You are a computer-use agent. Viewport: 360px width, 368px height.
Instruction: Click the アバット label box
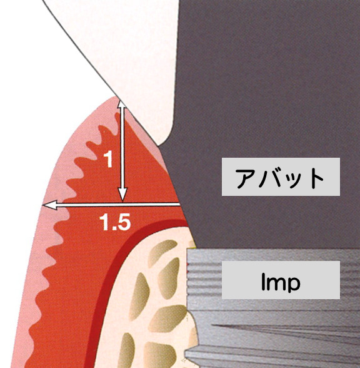click(281, 176)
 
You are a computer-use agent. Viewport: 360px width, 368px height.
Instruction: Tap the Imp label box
click(281, 280)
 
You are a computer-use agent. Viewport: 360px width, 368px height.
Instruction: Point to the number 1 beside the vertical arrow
click(108, 159)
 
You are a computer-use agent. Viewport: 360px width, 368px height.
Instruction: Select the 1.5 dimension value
click(115, 222)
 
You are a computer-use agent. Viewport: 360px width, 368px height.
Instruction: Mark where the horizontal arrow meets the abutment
click(180, 205)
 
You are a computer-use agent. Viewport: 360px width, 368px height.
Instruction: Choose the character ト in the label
click(316, 178)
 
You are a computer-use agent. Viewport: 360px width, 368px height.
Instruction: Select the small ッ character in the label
click(296, 180)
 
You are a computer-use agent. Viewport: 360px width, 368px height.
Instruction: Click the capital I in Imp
click(264, 280)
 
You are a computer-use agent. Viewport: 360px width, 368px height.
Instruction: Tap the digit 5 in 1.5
click(124, 223)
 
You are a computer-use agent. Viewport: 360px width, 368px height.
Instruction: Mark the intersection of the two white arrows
click(122, 205)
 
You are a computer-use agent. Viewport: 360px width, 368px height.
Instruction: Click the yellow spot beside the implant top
click(193, 243)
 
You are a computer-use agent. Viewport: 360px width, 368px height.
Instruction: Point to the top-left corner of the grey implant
click(187, 249)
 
